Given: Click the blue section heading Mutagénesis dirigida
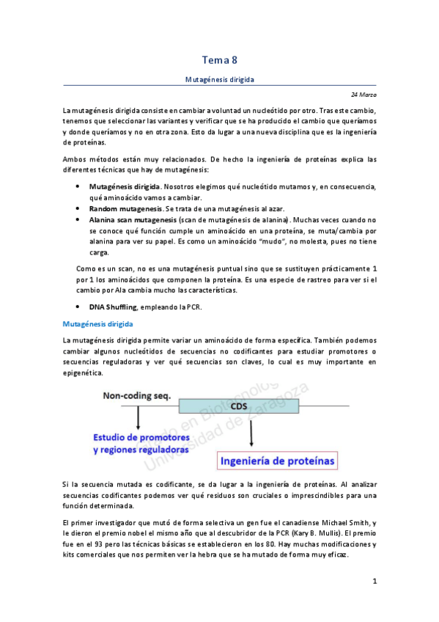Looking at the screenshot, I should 97,323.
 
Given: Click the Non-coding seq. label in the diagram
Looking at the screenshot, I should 137,396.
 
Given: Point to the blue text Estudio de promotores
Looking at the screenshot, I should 146,438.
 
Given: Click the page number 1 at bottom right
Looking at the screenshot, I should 374,582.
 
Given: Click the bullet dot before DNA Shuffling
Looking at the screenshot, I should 78,307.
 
